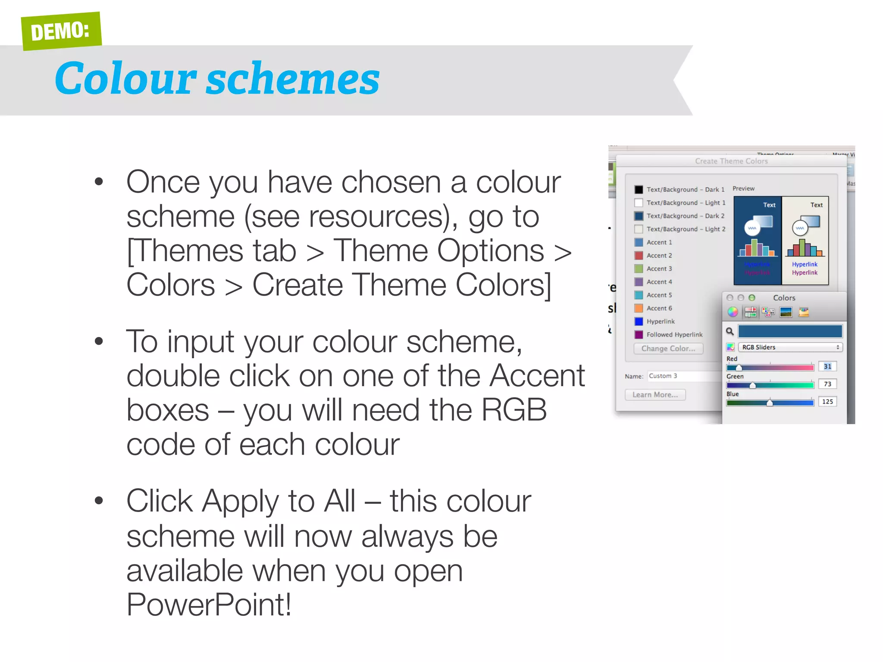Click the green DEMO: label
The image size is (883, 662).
[61, 31]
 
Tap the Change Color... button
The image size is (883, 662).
[668, 348]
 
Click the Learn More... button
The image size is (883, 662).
[655, 394]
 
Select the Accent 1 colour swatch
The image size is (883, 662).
[639, 242]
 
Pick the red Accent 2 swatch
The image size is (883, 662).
[639, 256]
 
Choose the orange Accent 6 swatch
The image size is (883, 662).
[639, 308]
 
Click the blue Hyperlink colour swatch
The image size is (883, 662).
[639, 322]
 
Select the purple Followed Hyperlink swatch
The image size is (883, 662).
[639, 334]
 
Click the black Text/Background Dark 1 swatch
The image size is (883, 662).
[639, 190]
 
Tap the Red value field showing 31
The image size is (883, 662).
[827, 366]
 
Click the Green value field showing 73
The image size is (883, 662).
[827, 384]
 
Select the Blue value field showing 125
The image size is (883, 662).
[827, 402]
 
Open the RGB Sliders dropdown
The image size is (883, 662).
[790, 347]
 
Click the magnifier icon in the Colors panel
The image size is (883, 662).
[730, 331]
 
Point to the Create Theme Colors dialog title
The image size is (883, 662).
[731, 161]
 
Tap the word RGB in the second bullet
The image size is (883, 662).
[514, 410]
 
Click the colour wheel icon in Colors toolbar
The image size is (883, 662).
[733, 312]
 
